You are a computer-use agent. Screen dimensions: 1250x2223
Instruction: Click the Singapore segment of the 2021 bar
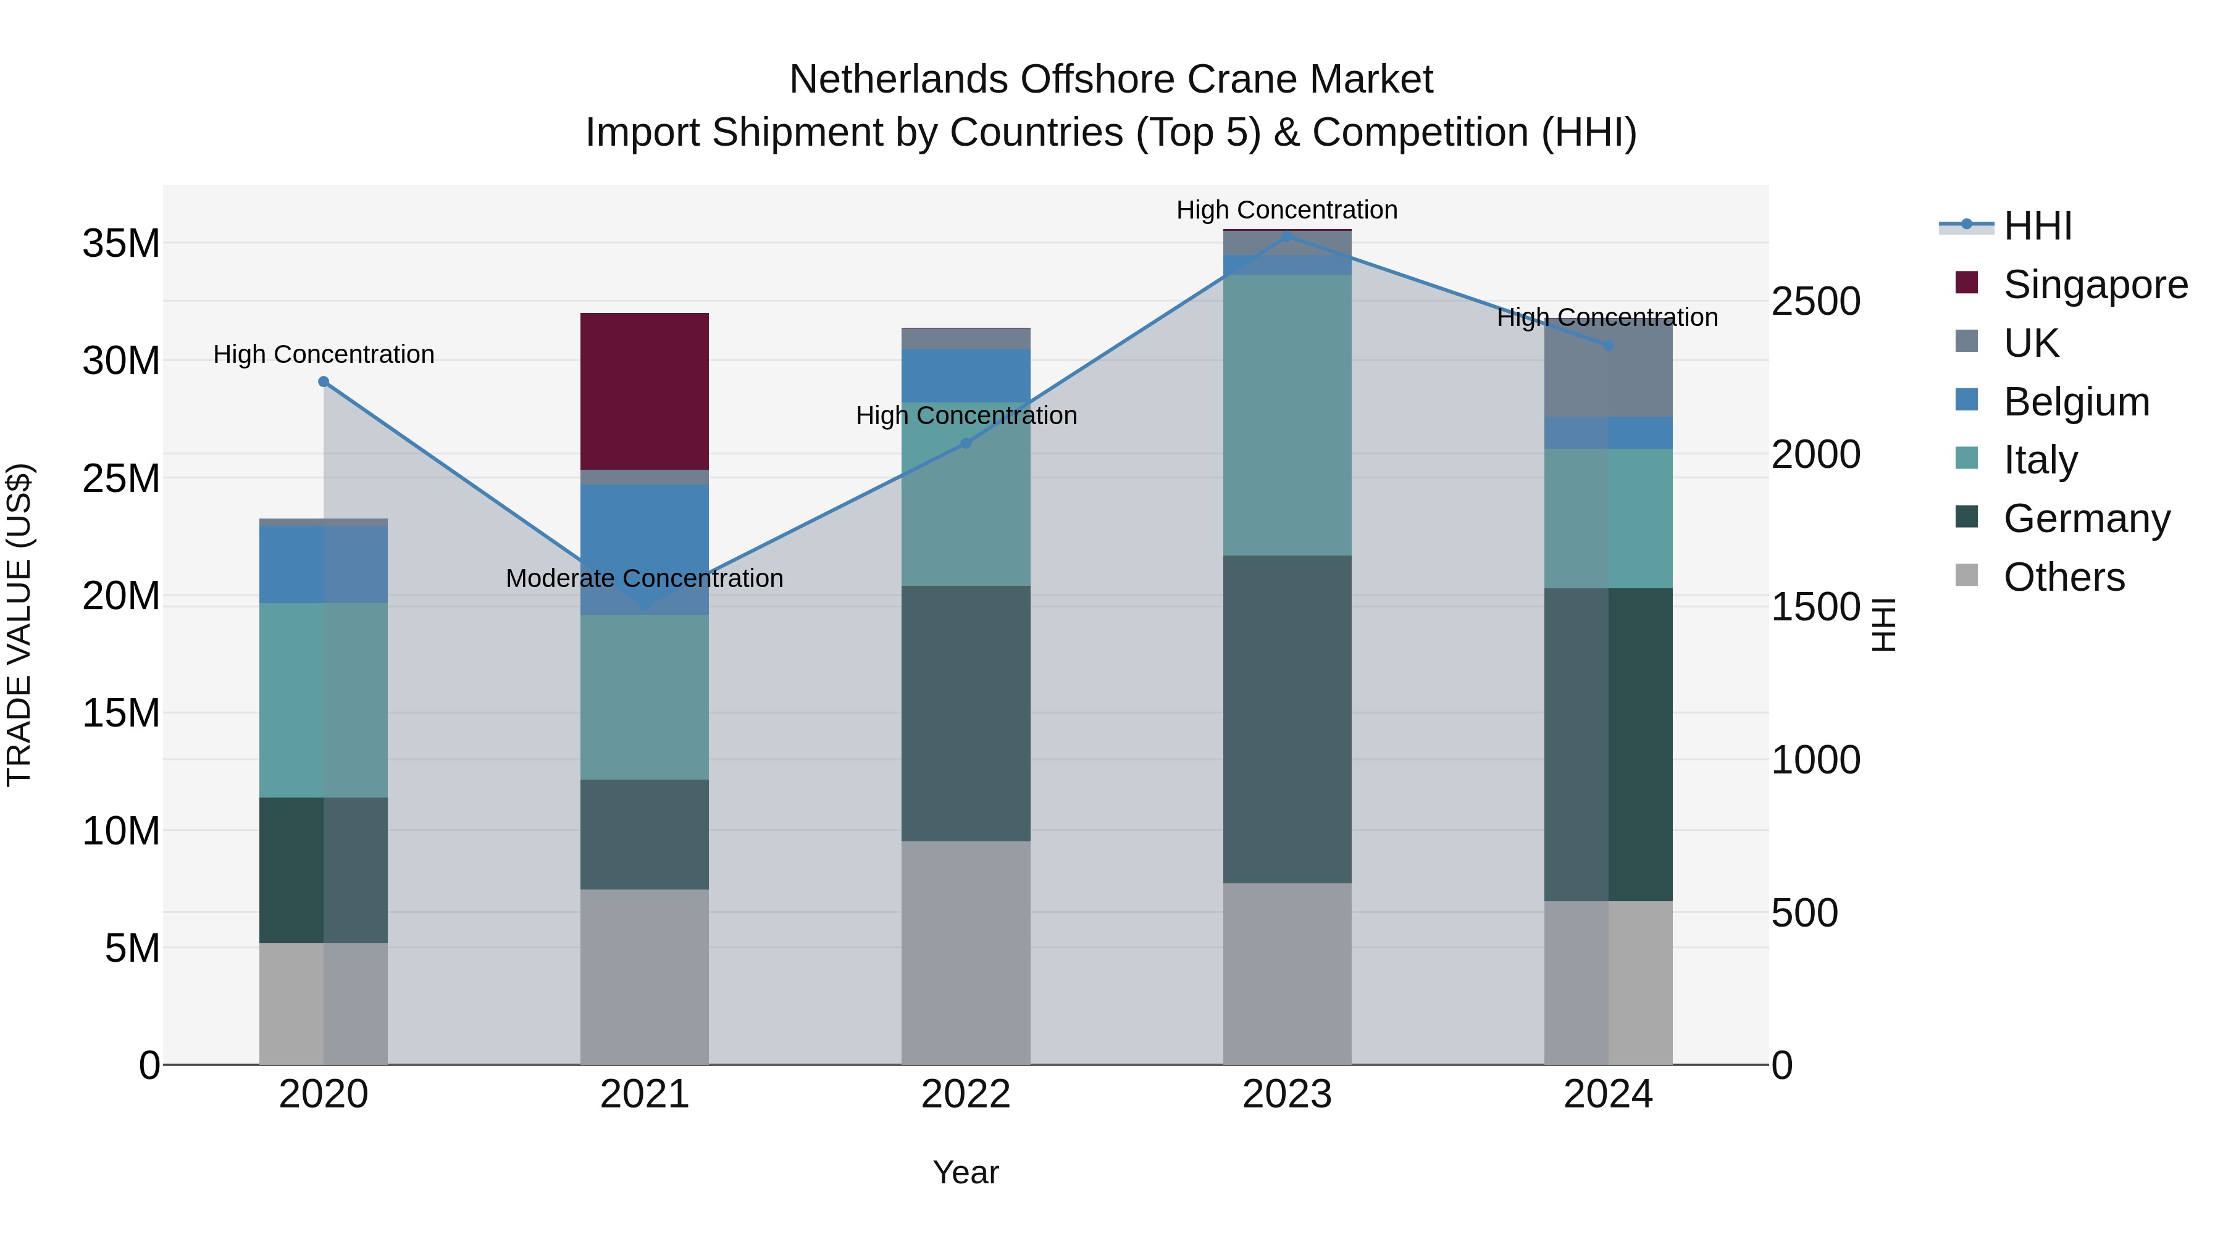(644, 391)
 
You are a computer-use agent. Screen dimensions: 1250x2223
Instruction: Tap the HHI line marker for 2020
(324, 381)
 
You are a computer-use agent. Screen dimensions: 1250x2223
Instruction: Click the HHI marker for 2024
(1608, 345)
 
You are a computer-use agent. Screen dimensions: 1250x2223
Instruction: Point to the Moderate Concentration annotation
(644, 578)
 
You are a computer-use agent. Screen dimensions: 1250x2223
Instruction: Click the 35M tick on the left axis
(121, 244)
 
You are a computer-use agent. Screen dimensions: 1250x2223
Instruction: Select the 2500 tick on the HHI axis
(1815, 302)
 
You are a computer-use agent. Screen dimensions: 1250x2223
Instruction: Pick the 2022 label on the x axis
(966, 1094)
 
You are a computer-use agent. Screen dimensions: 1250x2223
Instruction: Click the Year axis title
(966, 1172)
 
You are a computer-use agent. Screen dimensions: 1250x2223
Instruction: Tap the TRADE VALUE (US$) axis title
(19, 625)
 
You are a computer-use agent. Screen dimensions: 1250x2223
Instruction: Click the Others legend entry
(2063, 577)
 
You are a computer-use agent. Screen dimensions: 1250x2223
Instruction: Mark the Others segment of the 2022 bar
(966, 952)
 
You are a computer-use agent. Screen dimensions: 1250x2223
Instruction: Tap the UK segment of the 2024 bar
(1608, 369)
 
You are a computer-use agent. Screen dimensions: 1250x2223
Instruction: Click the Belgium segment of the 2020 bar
(324, 564)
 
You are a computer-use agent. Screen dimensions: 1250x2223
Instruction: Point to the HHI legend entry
(2037, 226)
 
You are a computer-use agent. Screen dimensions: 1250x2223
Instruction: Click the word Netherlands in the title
(899, 80)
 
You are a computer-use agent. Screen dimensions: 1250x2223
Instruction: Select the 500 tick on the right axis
(1804, 913)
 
